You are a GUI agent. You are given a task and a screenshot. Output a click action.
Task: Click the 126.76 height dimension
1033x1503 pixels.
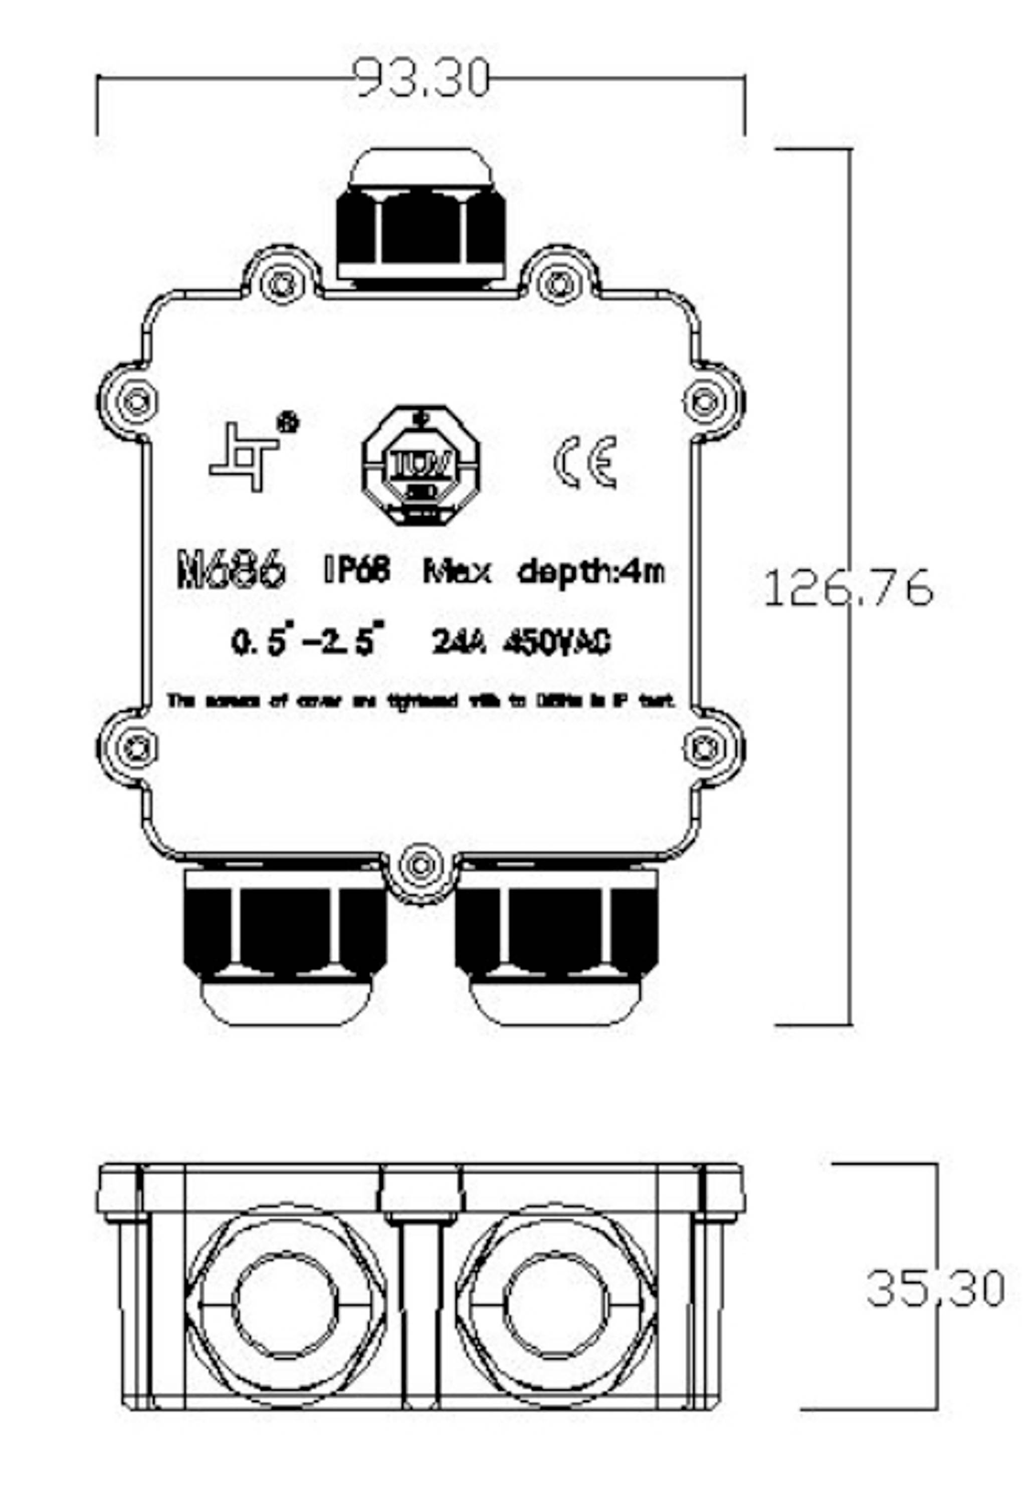click(848, 588)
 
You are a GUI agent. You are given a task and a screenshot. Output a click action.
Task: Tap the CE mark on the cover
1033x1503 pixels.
click(585, 462)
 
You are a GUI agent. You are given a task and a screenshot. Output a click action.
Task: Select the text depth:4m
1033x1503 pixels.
click(591, 571)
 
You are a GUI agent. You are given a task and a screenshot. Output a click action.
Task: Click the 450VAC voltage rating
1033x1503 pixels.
click(557, 643)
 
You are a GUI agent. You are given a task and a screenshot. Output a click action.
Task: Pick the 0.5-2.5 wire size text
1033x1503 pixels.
click(307, 642)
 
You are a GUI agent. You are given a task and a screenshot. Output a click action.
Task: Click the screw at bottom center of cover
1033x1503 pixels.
click(422, 865)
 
